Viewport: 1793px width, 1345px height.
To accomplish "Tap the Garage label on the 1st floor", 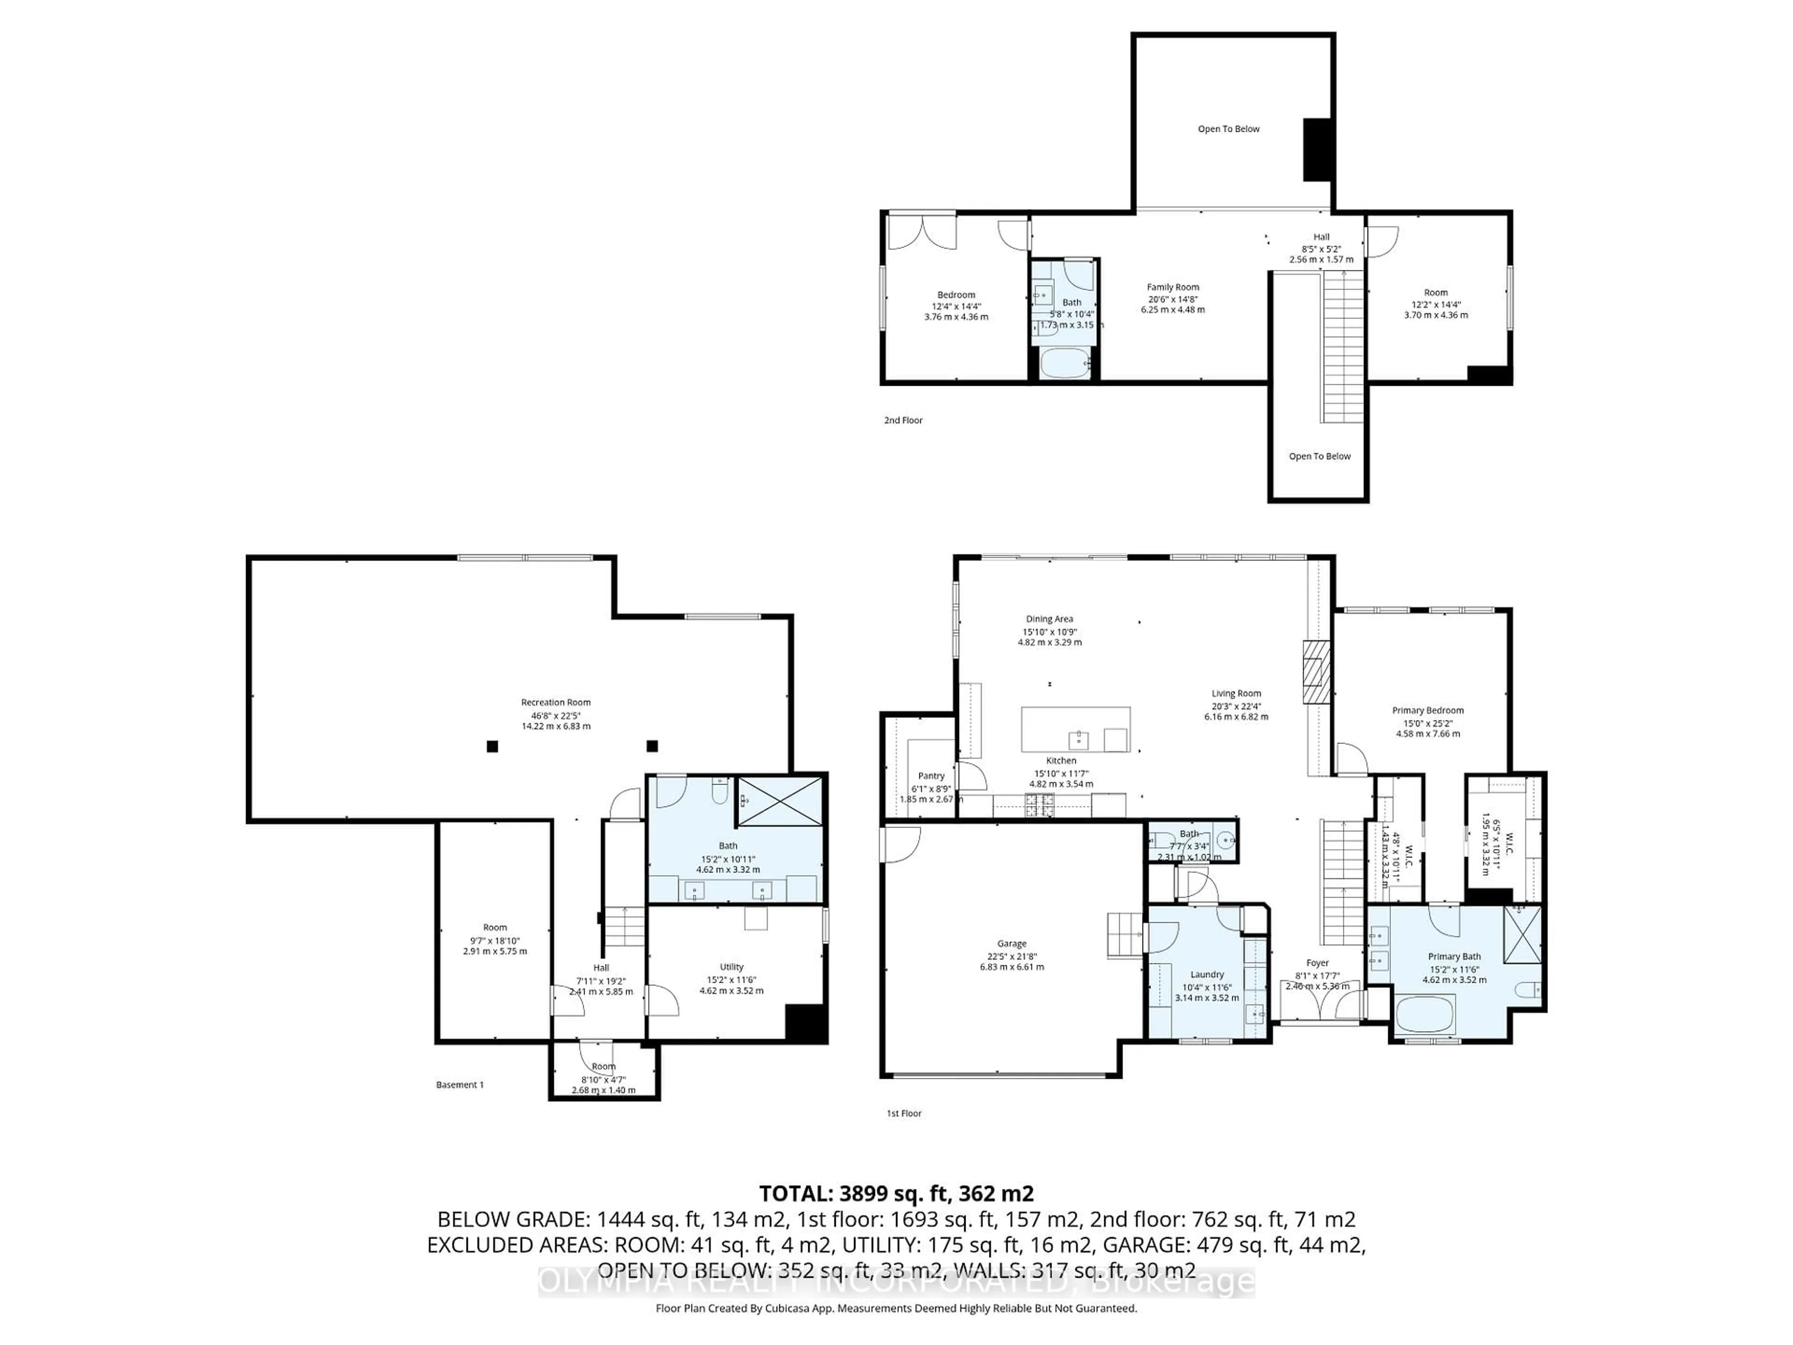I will click(1012, 944).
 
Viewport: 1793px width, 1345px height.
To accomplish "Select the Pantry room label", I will click(932, 776).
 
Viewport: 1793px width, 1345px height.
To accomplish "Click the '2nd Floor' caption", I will click(903, 420).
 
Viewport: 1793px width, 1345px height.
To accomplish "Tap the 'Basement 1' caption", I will click(459, 1085).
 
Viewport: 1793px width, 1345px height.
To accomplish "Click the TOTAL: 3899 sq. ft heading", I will click(896, 1193).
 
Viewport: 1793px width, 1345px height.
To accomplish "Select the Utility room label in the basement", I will click(731, 967).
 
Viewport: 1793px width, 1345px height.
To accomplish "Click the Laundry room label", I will click(1207, 975).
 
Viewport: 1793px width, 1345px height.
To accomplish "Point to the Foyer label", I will click(1317, 963).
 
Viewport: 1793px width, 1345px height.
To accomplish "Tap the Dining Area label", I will click(1049, 619).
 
